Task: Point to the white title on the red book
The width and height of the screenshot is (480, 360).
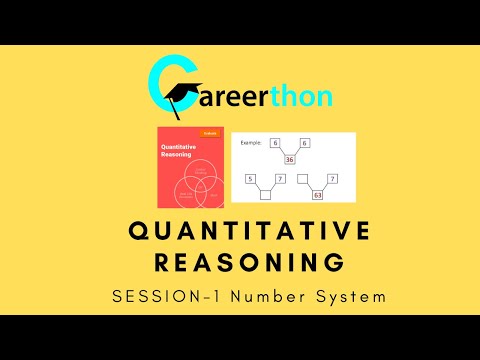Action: click(x=181, y=151)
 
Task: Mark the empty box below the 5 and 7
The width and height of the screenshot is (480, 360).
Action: click(x=266, y=197)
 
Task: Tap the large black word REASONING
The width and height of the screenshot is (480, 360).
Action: click(x=240, y=263)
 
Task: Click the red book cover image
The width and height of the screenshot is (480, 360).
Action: click(x=191, y=169)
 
